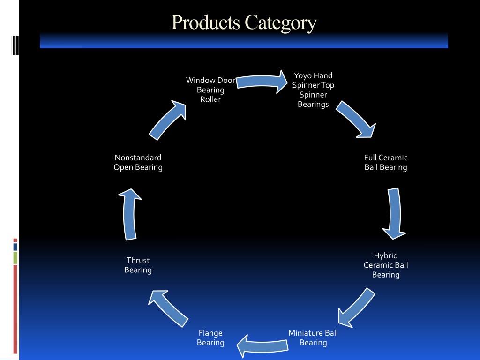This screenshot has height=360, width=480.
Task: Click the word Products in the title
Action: (x=205, y=22)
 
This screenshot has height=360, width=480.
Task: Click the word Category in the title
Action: (x=281, y=23)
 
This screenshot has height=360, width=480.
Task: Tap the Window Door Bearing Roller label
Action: (x=210, y=90)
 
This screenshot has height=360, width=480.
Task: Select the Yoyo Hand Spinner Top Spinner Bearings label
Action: (x=313, y=90)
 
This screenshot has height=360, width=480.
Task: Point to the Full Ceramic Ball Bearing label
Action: (x=386, y=162)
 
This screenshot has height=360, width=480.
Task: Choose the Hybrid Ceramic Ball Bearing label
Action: (x=386, y=265)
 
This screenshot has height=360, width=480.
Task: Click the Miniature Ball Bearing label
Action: (x=313, y=337)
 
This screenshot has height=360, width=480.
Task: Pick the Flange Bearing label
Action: (x=210, y=337)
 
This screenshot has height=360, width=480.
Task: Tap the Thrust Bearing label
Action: (x=138, y=265)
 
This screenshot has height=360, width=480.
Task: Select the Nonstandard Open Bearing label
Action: (x=138, y=162)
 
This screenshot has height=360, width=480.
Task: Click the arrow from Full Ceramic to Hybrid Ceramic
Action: (x=395, y=213)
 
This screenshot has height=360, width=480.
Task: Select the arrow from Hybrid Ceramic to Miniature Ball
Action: (x=356, y=307)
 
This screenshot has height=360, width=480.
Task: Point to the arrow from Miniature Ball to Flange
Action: (x=262, y=346)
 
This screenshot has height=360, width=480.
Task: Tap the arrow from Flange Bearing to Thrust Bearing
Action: (x=168, y=308)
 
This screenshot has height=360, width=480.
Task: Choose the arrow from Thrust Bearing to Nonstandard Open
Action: (x=129, y=214)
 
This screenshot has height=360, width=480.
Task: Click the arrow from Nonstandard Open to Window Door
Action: (x=168, y=120)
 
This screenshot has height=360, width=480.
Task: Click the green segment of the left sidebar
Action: (x=15, y=258)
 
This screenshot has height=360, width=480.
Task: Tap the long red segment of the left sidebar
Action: (x=15, y=309)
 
